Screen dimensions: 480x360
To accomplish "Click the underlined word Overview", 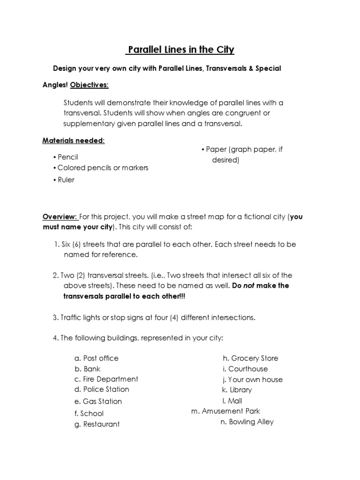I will (60, 217).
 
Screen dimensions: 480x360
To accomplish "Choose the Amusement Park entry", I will (225, 411).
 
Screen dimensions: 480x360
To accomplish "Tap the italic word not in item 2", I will (249, 285).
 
